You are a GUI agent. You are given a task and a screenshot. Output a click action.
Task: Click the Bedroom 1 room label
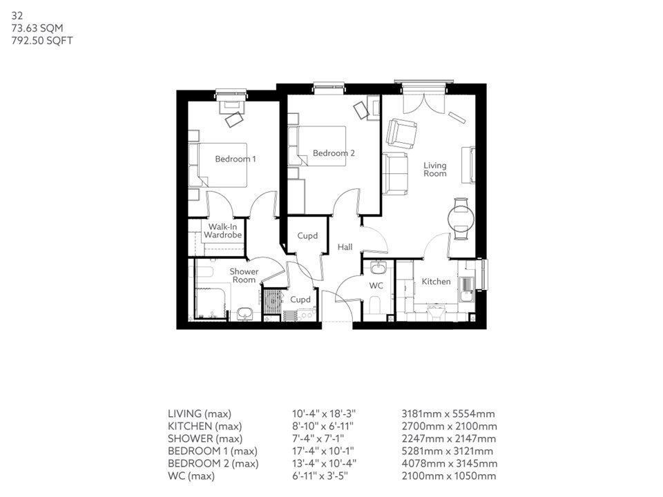pyautogui.click(x=235, y=159)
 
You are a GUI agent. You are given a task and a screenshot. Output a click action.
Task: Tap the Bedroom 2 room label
pyautogui.click(x=334, y=153)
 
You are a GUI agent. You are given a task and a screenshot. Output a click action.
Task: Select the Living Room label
pyautogui.click(x=435, y=169)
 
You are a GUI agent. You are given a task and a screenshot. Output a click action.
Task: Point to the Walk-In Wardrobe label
pyautogui.click(x=222, y=231)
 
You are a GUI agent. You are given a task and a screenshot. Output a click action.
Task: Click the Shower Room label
pyautogui.click(x=244, y=275)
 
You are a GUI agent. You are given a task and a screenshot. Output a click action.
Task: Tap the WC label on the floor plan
pyautogui.click(x=376, y=285)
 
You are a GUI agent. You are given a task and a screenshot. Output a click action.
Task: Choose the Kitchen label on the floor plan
pyautogui.click(x=436, y=282)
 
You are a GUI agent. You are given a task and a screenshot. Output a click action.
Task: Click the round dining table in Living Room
pyautogui.click(x=461, y=220)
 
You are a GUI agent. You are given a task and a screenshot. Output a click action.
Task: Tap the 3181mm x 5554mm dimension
pyautogui.click(x=448, y=413)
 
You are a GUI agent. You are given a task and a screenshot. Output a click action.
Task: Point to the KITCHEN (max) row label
pyautogui.click(x=204, y=426)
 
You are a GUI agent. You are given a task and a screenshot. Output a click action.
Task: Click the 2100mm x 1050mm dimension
pyautogui.click(x=448, y=476)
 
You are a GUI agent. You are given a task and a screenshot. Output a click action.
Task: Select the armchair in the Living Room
pyautogui.click(x=401, y=133)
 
